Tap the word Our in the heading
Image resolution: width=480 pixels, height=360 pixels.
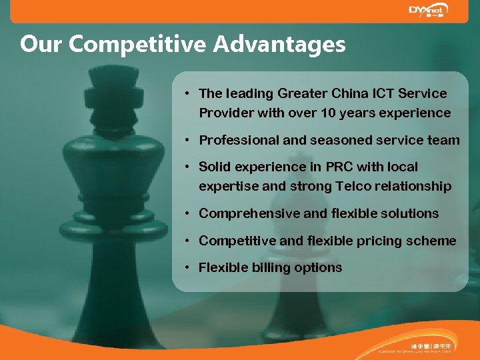42,45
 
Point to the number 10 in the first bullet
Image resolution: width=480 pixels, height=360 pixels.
327,113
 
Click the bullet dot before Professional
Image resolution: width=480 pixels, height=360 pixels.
189,140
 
